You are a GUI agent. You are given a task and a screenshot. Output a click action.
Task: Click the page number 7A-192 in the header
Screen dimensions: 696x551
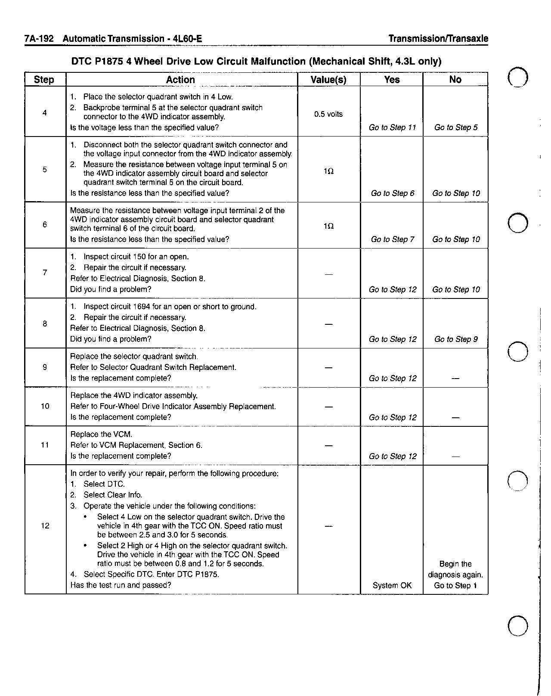39,39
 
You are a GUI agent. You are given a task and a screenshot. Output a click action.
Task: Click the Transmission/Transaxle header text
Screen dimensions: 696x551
438,39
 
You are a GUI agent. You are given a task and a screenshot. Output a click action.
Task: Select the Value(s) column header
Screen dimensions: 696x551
328,80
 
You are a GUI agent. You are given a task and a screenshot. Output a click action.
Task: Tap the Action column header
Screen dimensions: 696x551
180,80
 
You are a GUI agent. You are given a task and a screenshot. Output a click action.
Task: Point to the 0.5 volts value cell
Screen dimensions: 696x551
328,114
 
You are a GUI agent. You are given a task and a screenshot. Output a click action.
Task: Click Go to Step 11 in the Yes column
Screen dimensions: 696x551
392,127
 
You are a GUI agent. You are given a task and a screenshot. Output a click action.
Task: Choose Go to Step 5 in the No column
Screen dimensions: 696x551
456,127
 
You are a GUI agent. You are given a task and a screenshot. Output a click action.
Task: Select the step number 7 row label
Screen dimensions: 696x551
45,272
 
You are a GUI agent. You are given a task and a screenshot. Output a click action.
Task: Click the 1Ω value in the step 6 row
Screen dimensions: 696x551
328,226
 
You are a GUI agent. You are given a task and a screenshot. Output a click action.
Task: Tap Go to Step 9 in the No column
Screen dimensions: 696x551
456,339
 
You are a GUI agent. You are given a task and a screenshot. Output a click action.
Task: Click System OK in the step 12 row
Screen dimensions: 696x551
392,585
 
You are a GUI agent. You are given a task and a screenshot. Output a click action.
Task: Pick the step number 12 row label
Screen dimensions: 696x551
45,526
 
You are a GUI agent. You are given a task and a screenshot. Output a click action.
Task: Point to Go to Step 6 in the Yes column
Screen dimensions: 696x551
392,193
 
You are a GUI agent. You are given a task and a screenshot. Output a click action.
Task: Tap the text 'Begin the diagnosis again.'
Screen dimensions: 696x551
455,569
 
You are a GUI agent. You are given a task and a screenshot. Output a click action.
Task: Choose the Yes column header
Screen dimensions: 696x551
392,80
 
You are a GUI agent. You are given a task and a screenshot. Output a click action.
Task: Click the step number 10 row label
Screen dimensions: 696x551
45,406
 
